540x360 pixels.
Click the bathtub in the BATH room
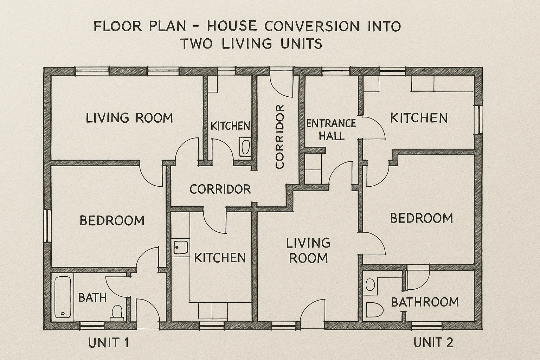(63, 297)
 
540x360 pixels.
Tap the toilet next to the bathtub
(117, 313)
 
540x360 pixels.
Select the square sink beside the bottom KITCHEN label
(181, 247)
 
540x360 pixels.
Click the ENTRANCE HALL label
(331, 130)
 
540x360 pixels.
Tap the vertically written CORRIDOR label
(279, 136)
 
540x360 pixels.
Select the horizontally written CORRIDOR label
(220, 189)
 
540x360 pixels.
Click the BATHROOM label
(425, 302)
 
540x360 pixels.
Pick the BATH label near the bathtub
(92, 297)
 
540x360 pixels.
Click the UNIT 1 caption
(108, 343)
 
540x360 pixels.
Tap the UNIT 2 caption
(433, 342)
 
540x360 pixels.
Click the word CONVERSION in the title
(312, 26)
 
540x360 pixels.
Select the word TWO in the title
(197, 44)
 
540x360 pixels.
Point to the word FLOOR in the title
(117, 26)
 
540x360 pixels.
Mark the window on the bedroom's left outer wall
(48, 226)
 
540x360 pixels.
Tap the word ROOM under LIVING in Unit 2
(308, 258)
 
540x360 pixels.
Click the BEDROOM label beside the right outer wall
(421, 218)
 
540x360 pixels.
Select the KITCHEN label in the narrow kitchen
(230, 126)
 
